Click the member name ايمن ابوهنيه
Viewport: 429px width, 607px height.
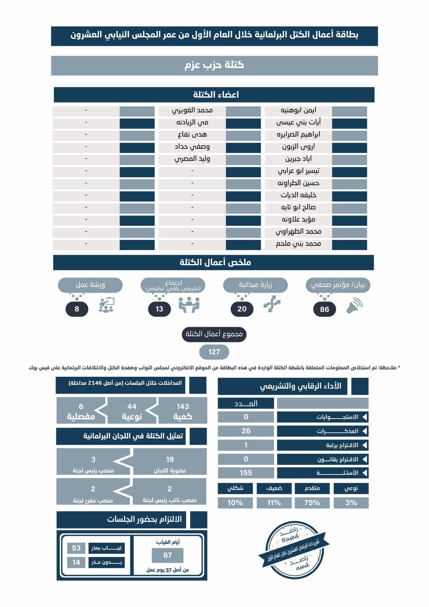pyautogui.click(x=298, y=110)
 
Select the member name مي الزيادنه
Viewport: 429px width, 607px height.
pyautogui.click(x=192, y=123)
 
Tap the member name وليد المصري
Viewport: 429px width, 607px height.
pyautogui.click(x=192, y=159)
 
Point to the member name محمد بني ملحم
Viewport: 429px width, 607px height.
pyautogui.click(x=298, y=244)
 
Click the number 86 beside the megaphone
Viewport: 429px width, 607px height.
pyautogui.click(x=324, y=309)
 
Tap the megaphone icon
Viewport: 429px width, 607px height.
pyautogui.click(x=354, y=306)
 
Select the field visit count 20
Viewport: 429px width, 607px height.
pyautogui.click(x=242, y=309)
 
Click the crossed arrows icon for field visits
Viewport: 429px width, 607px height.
pyautogui.click(x=272, y=305)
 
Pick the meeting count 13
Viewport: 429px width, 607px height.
pyautogui.click(x=159, y=309)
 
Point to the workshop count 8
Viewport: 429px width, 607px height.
pyautogui.click(x=77, y=309)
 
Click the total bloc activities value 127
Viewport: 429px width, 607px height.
pyautogui.click(x=214, y=352)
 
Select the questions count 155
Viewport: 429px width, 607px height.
pyautogui.click(x=246, y=473)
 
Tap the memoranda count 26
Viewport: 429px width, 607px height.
pyautogui.click(x=246, y=431)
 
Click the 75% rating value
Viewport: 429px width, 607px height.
pyautogui.click(x=312, y=503)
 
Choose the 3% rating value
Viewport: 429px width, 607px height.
pyautogui.click(x=351, y=503)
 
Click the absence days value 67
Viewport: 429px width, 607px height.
pyautogui.click(x=168, y=555)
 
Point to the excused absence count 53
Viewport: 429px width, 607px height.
pyautogui.click(x=76, y=548)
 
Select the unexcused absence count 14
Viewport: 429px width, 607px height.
pyautogui.click(x=76, y=562)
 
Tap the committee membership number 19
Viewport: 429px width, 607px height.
pyautogui.click(x=170, y=459)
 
